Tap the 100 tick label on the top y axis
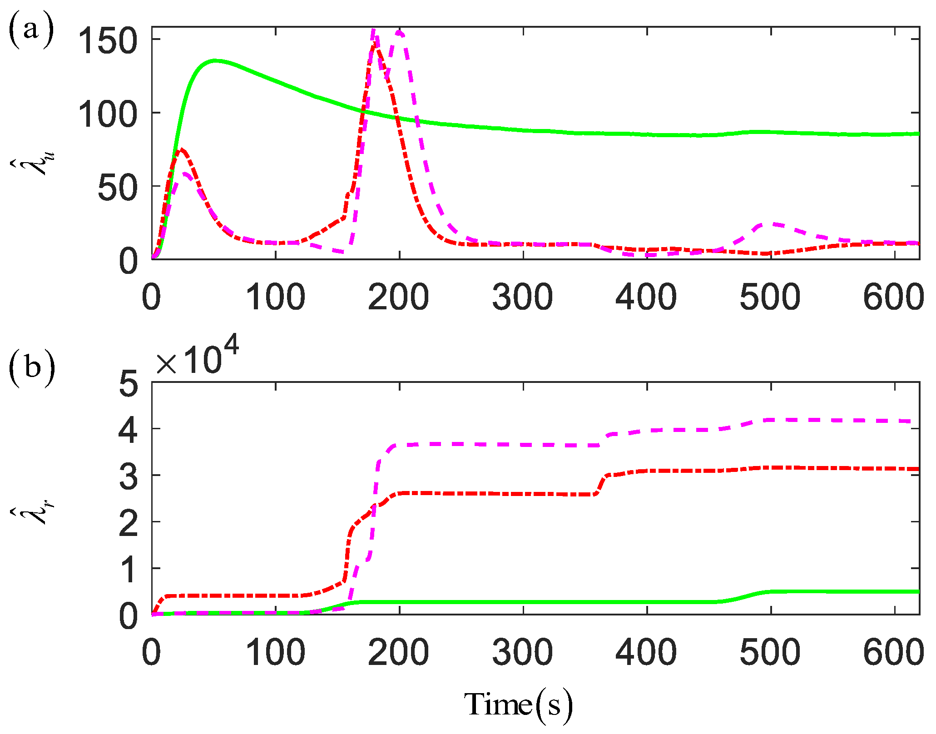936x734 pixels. pyautogui.click(x=107, y=114)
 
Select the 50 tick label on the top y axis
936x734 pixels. pyautogui.click(x=117, y=187)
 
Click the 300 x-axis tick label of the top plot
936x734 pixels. pyautogui.click(x=522, y=298)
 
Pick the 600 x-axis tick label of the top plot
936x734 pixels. pyautogui.click(x=893, y=298)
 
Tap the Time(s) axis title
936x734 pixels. pyautogui.click(x=518, y=705)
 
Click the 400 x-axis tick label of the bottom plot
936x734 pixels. pyautogui.click(x=646, y=653)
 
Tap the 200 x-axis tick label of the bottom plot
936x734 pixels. pyautogui.click(x=398, y=653)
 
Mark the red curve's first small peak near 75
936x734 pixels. pyautogui.click(x=182, y=149)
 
